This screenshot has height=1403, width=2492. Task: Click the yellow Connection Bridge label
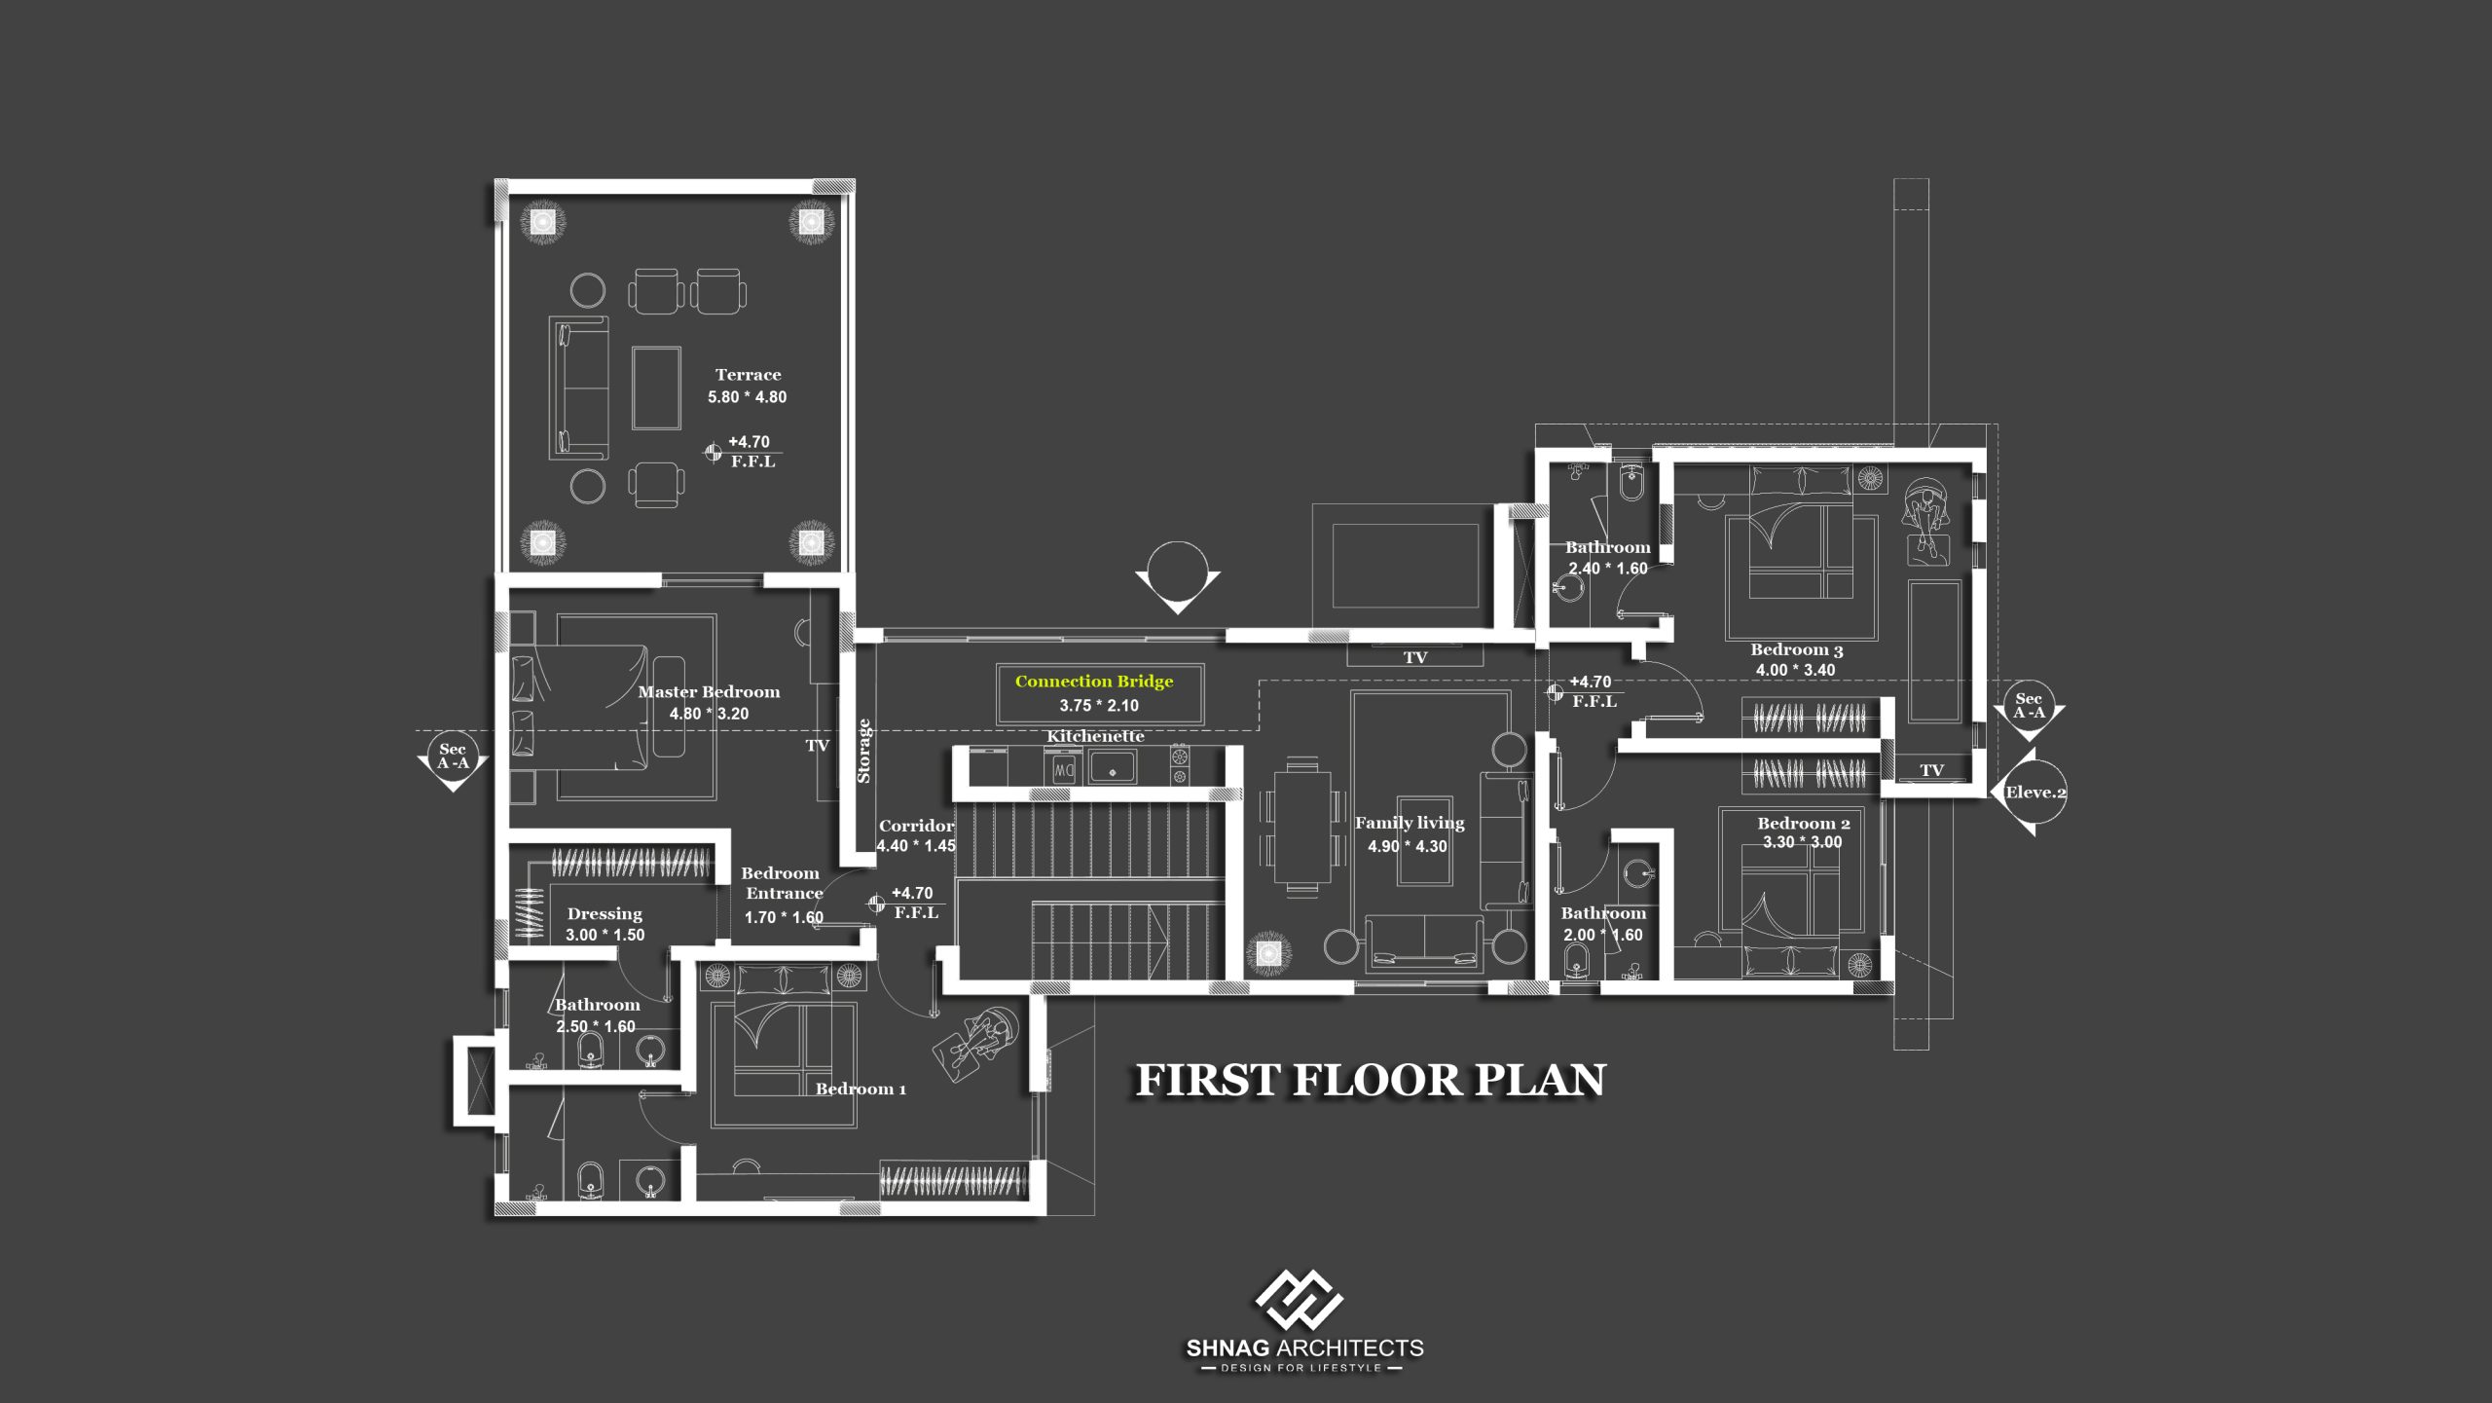[1094, 682]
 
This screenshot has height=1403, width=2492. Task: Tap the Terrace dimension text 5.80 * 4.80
[747, 397]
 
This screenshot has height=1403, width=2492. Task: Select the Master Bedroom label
[709, 692]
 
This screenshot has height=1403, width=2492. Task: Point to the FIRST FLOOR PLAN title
[1371, 1081]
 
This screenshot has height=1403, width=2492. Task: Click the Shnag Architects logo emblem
[1299, 1300]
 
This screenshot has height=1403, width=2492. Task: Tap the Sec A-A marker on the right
[2029, 707]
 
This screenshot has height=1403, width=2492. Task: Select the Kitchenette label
[1095, 736]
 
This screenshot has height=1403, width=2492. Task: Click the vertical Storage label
[863, 751]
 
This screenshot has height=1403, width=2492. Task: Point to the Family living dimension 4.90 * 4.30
[1408, 847]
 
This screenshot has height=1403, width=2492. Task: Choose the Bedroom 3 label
[1797, 649]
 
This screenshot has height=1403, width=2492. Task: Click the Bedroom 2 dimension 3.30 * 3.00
[1803, 842]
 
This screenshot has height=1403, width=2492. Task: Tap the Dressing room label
[605, 914]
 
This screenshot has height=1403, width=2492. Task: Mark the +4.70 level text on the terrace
[749, 442]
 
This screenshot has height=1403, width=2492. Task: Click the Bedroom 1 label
[861, 1089]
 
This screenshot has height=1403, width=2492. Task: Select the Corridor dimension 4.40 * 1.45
[916, 846]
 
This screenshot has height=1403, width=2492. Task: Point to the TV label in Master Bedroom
[817, 746]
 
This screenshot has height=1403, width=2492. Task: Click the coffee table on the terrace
[656, 388]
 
